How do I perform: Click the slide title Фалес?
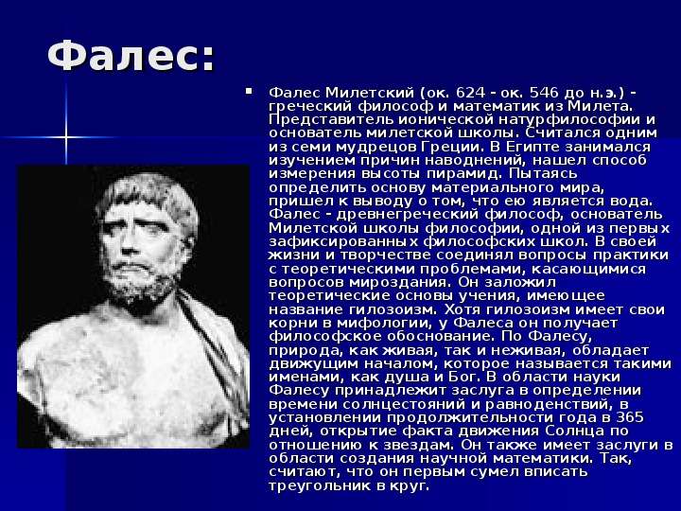pos(131,57)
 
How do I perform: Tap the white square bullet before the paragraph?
pos(249,91)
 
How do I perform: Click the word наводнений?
pos(476,160)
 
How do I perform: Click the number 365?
pos(629,417)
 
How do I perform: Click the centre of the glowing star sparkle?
pos(66,137)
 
